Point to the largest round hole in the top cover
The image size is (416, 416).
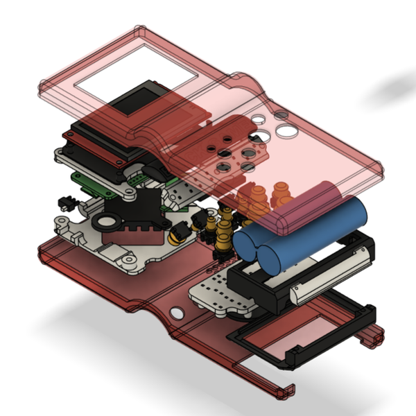(286, 130)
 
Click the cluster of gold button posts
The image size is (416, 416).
(220, 232)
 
